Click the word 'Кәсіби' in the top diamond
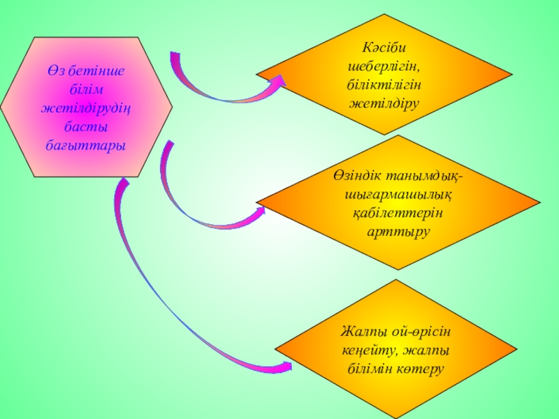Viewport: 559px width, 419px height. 384,49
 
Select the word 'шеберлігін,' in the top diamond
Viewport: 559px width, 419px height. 384,67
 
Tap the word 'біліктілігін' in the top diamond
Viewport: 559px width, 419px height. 384,85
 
